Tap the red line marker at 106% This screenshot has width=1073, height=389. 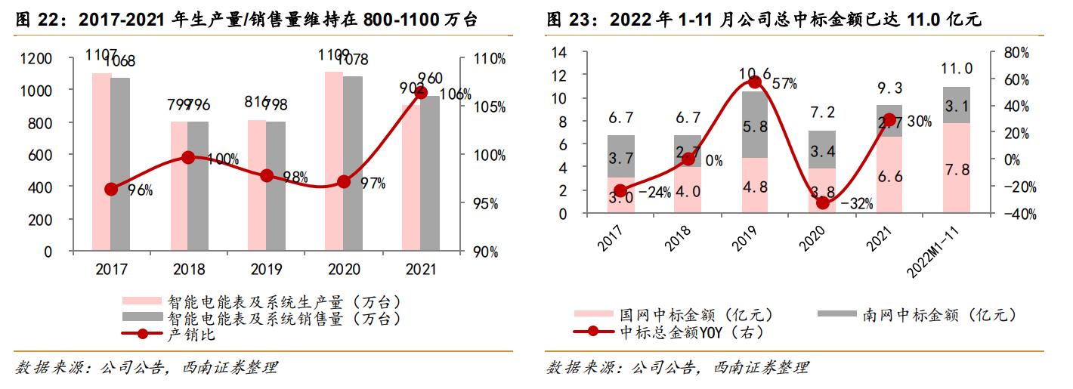pos(421,92)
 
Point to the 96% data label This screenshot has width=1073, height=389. pos(140,190)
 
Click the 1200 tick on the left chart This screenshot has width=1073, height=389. pos(58,59)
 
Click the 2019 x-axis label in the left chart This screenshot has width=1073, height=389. pos(266,269)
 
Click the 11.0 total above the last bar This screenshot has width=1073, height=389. pos(957,69)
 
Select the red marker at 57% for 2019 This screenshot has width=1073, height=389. pos(754,82)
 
